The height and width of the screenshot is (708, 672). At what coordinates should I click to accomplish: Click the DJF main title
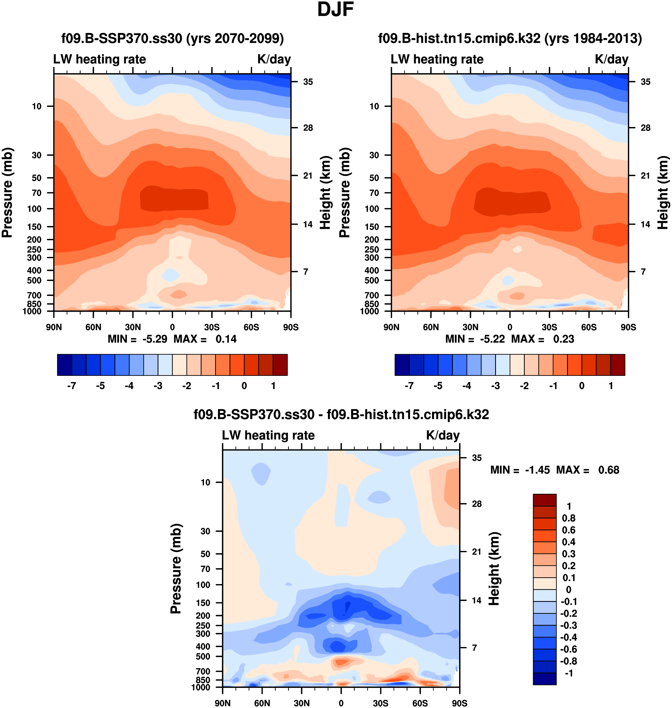[x=335, y=10]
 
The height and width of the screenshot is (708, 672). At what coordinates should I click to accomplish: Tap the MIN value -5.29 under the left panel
[x=155, y=339]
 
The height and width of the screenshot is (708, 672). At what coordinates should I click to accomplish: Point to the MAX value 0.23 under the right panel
[x=563, y=339]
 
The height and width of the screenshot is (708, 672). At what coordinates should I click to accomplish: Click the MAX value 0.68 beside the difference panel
[x=609, y=470]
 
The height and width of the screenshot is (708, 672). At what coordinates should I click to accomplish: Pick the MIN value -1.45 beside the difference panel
[x=537, y=470]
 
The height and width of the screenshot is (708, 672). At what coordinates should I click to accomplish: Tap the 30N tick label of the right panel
[x=470, y=327]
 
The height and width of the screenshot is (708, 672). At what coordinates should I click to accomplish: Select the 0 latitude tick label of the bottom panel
[x=341, y=703]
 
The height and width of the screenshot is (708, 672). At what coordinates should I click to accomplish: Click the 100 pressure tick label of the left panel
[x=34, y=209]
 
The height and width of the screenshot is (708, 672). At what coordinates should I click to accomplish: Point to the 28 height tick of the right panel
[x=646, y=128]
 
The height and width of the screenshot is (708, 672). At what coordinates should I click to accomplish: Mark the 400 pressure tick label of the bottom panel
[x=203, y=646]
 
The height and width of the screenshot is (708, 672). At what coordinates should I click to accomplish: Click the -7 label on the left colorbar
[x=72, y=386]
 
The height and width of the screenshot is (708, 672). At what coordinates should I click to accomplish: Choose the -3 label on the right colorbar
[x=495, y=386]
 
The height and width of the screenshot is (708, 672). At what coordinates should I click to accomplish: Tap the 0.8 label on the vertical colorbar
[x=569, y=518]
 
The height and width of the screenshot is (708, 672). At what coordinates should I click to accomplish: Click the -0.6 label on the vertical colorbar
[x=569, y=649]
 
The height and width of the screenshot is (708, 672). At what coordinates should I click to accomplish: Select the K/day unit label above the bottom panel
[x=443, y=435]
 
